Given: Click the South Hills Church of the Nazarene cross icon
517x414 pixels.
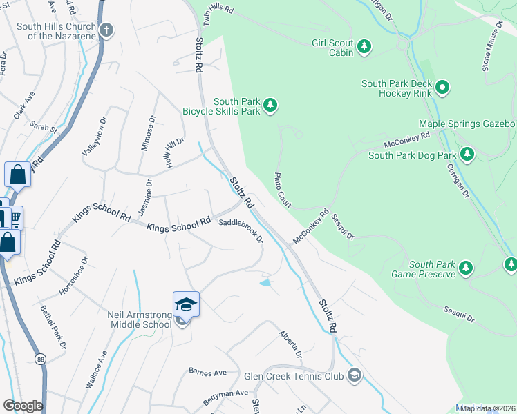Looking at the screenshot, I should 106,30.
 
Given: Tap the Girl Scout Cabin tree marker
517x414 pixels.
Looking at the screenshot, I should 364,47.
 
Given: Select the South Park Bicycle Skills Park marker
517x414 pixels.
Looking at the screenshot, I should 272,105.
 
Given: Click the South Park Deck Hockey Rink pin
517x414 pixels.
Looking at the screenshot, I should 442,88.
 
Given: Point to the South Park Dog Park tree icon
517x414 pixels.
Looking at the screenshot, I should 468,152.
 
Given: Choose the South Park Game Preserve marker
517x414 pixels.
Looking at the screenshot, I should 467,268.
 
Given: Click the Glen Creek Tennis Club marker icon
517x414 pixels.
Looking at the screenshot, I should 355,376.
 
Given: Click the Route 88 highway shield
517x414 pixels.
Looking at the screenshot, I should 39,359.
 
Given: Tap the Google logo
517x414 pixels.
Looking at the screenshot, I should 23,406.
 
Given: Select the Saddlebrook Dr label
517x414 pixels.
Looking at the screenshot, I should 241,231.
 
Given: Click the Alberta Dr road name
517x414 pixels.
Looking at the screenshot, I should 290,344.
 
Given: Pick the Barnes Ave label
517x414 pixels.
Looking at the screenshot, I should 208,372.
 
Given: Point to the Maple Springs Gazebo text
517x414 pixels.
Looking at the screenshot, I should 467,124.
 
